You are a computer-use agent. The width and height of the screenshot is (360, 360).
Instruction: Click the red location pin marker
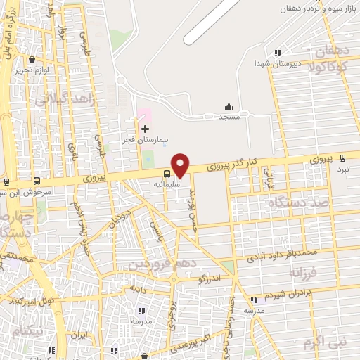[x=181, y=165]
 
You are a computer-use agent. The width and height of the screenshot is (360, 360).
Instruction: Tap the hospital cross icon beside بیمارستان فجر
[x=146, y=129]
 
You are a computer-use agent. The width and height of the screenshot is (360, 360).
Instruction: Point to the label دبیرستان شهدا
[x=278, y=63]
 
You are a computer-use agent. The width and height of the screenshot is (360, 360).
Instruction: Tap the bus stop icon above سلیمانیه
[x=167, y=173]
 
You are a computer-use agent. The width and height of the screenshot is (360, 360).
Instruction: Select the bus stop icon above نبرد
[x=342, y=159]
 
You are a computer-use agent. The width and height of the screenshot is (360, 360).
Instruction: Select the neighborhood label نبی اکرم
[x=325, y=342]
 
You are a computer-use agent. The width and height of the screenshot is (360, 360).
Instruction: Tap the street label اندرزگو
[x=210, y=278]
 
